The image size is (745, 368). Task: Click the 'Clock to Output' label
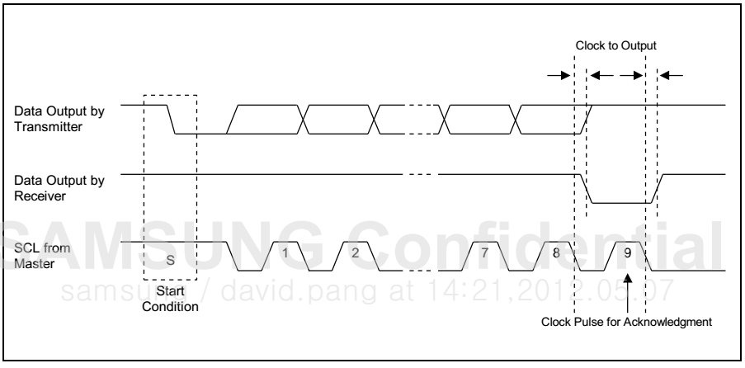(x=615, y=45)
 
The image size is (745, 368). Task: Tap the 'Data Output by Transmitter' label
(x=59, y=119)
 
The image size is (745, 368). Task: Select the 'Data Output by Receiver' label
(x=59, y=188)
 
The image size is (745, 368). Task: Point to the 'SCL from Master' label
(x=42, y=255)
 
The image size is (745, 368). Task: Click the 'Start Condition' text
(x=170, y=299)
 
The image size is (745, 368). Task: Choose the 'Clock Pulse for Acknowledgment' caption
(x=627, y=322)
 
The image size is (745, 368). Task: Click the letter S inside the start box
(x=170, y=260)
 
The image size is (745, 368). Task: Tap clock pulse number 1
(x=285, y=253)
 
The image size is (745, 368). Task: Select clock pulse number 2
(x=355, y=253)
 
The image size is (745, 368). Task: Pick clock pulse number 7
(x=484, y=253)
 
